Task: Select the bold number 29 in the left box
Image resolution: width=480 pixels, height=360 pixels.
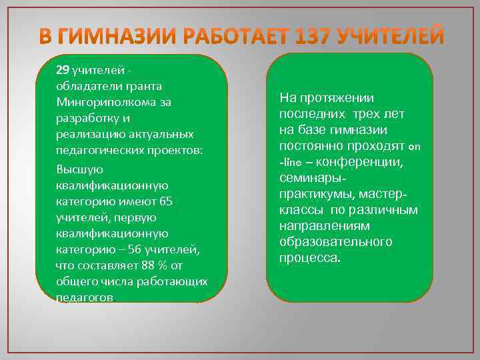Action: (62, 70)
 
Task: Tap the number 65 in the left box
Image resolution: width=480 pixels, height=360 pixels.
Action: (167, 201)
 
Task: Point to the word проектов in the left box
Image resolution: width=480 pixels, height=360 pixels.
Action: (175, 150)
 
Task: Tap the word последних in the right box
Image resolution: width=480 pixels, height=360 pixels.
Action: (309, 114)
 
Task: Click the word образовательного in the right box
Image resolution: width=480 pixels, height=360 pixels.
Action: (335, 242)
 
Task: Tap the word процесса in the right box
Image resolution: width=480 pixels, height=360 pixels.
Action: (310, 258)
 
